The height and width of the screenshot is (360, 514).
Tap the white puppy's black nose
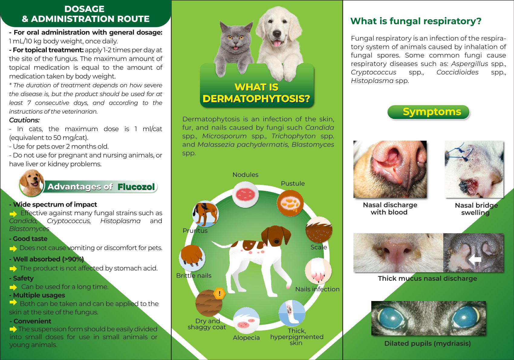coord(277,34)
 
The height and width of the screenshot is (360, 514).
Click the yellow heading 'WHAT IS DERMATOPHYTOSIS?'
coord(256,93)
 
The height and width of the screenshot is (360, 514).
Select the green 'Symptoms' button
coord(428,112)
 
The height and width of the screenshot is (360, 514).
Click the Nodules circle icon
coord(245,195)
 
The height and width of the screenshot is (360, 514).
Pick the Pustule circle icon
coord(290,203)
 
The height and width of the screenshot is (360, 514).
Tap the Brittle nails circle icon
coord(192,258)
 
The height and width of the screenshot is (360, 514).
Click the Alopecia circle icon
coord(246,320)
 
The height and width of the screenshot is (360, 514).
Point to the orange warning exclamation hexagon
coord(220,293)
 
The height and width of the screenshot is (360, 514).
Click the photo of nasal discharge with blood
coord(390,169)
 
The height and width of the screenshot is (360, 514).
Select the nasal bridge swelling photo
coord(474,169)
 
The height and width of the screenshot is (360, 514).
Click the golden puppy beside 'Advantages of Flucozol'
coord(32,183)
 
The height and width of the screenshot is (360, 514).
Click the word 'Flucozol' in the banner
coord(136,187)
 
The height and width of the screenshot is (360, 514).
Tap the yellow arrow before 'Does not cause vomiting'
coord(13,248)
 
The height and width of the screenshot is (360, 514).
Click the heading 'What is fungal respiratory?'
coord(416,21)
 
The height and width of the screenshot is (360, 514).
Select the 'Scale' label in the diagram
coord(318,247)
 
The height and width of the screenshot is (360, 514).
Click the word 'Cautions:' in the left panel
coord(24,120)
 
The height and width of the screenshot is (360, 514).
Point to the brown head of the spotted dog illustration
coord(276,237)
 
